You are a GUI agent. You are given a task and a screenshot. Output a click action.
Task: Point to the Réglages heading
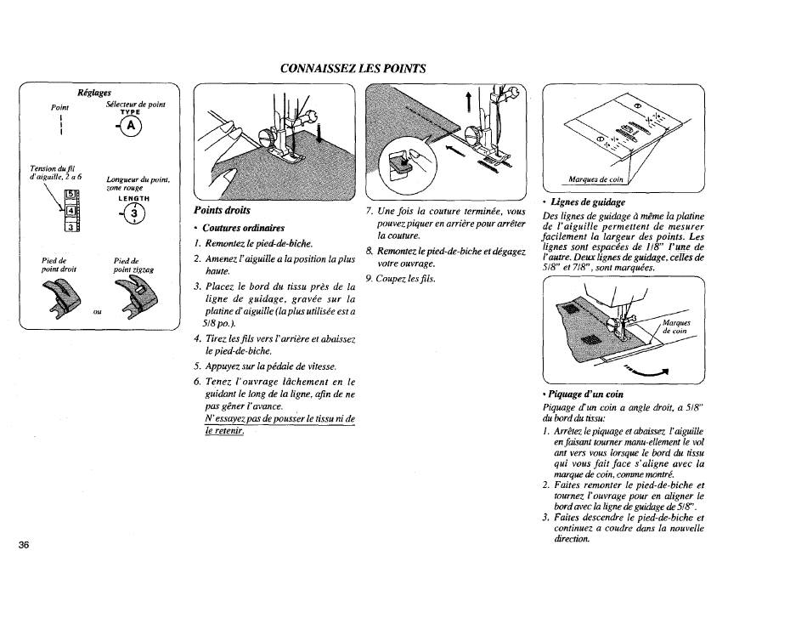click(93, 94)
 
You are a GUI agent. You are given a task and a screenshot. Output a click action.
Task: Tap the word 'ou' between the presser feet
click(98, 311)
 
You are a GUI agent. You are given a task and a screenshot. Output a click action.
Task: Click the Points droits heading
click(223, 210)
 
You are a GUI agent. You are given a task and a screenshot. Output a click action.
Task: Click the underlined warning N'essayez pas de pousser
click(279, 425)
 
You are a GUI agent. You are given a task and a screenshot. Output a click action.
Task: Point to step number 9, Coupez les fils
click(399, 280)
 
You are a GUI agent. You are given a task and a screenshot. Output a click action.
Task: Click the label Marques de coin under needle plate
click(594, 179)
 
